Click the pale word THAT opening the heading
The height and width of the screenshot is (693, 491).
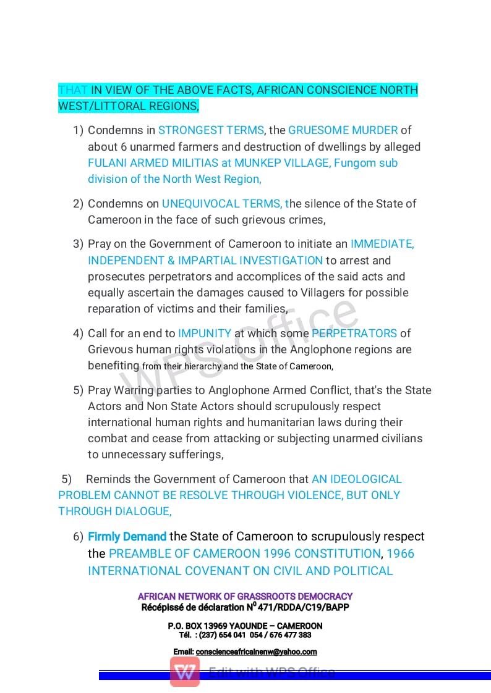pos(73,90)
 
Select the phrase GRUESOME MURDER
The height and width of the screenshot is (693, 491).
pos(343,130)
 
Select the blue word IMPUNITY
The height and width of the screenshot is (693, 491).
pos(205,334)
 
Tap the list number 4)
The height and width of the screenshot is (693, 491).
pos(78,334)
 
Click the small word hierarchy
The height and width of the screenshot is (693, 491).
pos(199,367)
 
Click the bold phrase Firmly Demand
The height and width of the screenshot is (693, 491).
pos(127,537)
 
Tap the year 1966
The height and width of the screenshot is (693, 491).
pos(401,554)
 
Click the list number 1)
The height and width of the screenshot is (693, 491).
pos(78,130)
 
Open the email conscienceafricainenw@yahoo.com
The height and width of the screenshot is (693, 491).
pos(256,652)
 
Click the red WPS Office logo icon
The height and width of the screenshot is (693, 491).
pos(185,672)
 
